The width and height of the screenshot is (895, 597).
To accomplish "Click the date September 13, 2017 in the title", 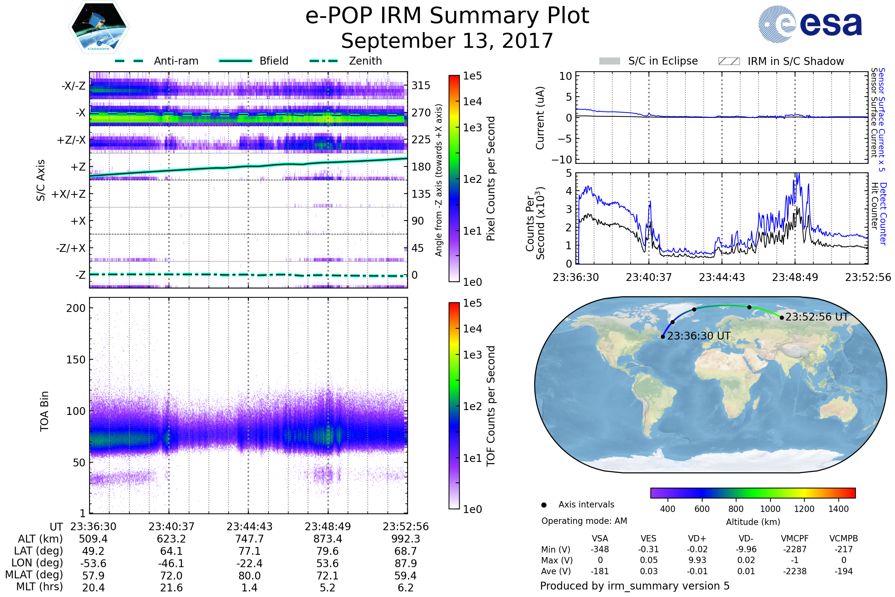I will point(447,41).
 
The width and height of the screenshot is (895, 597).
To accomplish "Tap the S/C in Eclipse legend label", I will point(663,61).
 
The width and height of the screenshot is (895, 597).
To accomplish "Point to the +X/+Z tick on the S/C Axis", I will point(69,194).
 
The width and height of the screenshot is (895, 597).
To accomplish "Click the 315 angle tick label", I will point(421,86).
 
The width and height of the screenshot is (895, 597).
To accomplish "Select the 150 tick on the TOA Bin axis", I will point(76,360).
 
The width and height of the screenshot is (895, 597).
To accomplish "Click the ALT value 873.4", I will point(328,539).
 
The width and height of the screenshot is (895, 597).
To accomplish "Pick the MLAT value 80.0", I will point(249,576).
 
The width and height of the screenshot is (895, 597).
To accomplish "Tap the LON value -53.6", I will point(93,563).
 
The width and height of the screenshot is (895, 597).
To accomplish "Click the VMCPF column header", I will point(795,539).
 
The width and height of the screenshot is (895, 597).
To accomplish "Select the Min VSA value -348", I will point(600,549).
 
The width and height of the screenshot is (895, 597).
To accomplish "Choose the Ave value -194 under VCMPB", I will point(844,571).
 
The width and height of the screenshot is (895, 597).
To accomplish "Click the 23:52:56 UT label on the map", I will point(817,317).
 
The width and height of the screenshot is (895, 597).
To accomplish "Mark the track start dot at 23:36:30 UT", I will point(663,337).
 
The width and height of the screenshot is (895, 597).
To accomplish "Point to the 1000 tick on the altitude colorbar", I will point(770,509).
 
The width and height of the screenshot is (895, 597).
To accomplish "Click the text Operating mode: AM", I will point(584,521).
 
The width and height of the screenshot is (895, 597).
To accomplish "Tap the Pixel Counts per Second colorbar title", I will point(491,179).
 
